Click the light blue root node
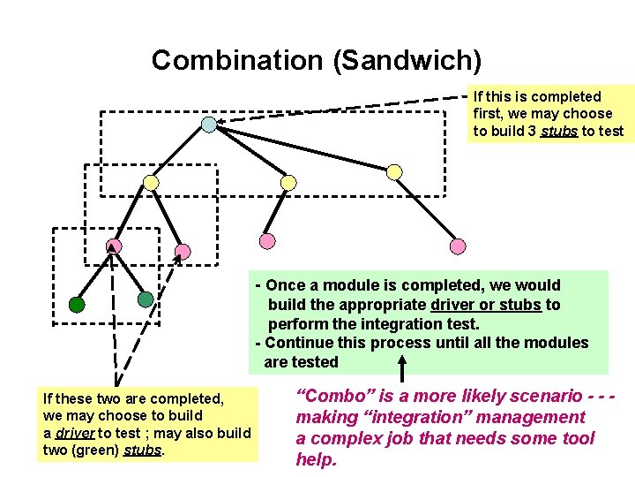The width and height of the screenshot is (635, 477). [x=209, y=125]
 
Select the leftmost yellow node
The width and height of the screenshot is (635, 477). [x=152, y=183]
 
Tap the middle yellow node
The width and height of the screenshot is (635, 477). [x=288, y=183]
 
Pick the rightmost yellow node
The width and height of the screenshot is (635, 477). [x=395, y=171]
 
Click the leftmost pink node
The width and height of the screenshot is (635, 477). [x=114, y=246]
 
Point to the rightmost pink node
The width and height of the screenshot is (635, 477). [x=458, y=246]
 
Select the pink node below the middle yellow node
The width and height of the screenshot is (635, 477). [x=267, y=240]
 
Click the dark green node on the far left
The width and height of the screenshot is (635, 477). [x=78, y=306]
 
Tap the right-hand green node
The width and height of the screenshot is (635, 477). [x=146, y=299]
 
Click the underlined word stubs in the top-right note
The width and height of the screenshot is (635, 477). [x=559, y=132]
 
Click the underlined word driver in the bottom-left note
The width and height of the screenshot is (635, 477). [x=74, y=433]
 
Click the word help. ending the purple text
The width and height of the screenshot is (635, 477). [x=316, y=459]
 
